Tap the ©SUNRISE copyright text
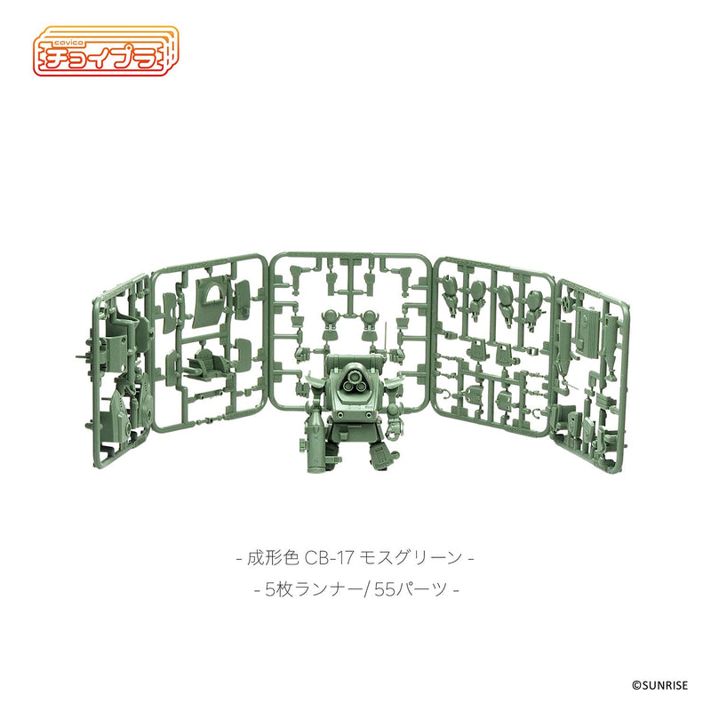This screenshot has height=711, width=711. click(667, 685)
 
